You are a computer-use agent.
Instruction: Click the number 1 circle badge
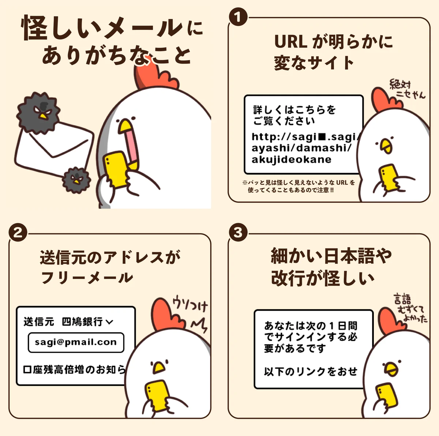click(238, 17)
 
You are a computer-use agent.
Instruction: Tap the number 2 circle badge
click(18, 233)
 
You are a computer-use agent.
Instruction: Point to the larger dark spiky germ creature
click(38, 112)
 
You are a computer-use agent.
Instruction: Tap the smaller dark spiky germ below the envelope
click(76, 180)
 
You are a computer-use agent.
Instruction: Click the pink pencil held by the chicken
click(131, 146)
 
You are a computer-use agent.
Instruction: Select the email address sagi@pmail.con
click(76, 342)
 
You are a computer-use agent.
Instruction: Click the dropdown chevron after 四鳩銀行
click(109, 322)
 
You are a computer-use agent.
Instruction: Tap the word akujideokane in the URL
click(291, 159)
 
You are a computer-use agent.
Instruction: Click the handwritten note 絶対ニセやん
click(407, 90)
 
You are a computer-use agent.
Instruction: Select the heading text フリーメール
click(87, 278)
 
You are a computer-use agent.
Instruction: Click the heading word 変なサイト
click(314, 63)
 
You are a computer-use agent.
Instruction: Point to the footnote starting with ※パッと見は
click(298, 186)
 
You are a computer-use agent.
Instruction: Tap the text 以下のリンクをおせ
click(311, 372)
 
